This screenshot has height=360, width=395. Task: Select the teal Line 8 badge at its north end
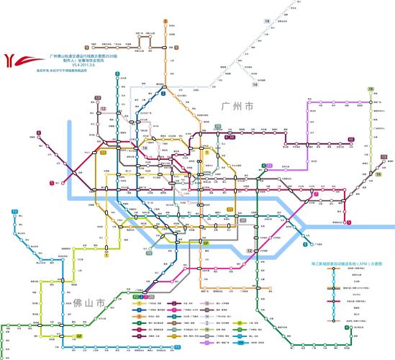pos(117,73)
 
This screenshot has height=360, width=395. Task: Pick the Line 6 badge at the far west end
pos(52,183)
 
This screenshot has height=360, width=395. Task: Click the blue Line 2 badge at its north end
pos(164,94)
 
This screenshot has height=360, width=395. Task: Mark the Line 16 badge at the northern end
pos(371,89)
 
